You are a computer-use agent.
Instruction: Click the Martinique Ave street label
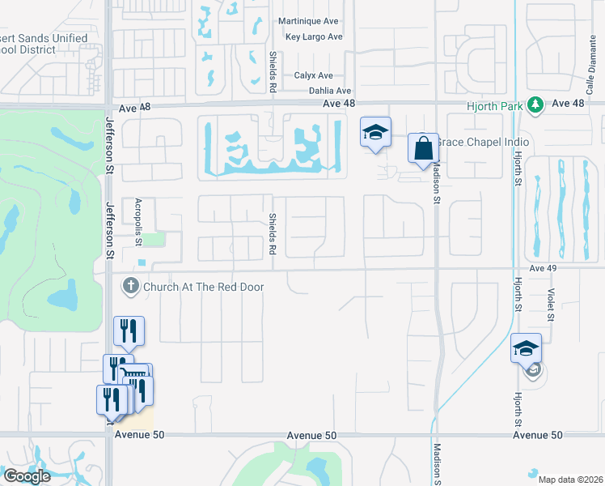307,21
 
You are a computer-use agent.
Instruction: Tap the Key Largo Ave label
314,36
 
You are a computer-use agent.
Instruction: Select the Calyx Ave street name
313,75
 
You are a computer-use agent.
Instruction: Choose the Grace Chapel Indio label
483,143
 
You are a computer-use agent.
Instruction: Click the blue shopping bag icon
423,149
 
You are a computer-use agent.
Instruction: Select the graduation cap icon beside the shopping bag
375,131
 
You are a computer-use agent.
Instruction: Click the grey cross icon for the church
130,287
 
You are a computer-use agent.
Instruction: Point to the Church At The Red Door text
203,287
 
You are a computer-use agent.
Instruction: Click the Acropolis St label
138,222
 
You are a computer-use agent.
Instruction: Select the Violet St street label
551,307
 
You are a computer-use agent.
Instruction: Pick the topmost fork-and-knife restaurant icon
129,330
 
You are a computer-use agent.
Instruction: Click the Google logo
26,476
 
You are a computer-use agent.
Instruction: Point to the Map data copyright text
570,480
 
